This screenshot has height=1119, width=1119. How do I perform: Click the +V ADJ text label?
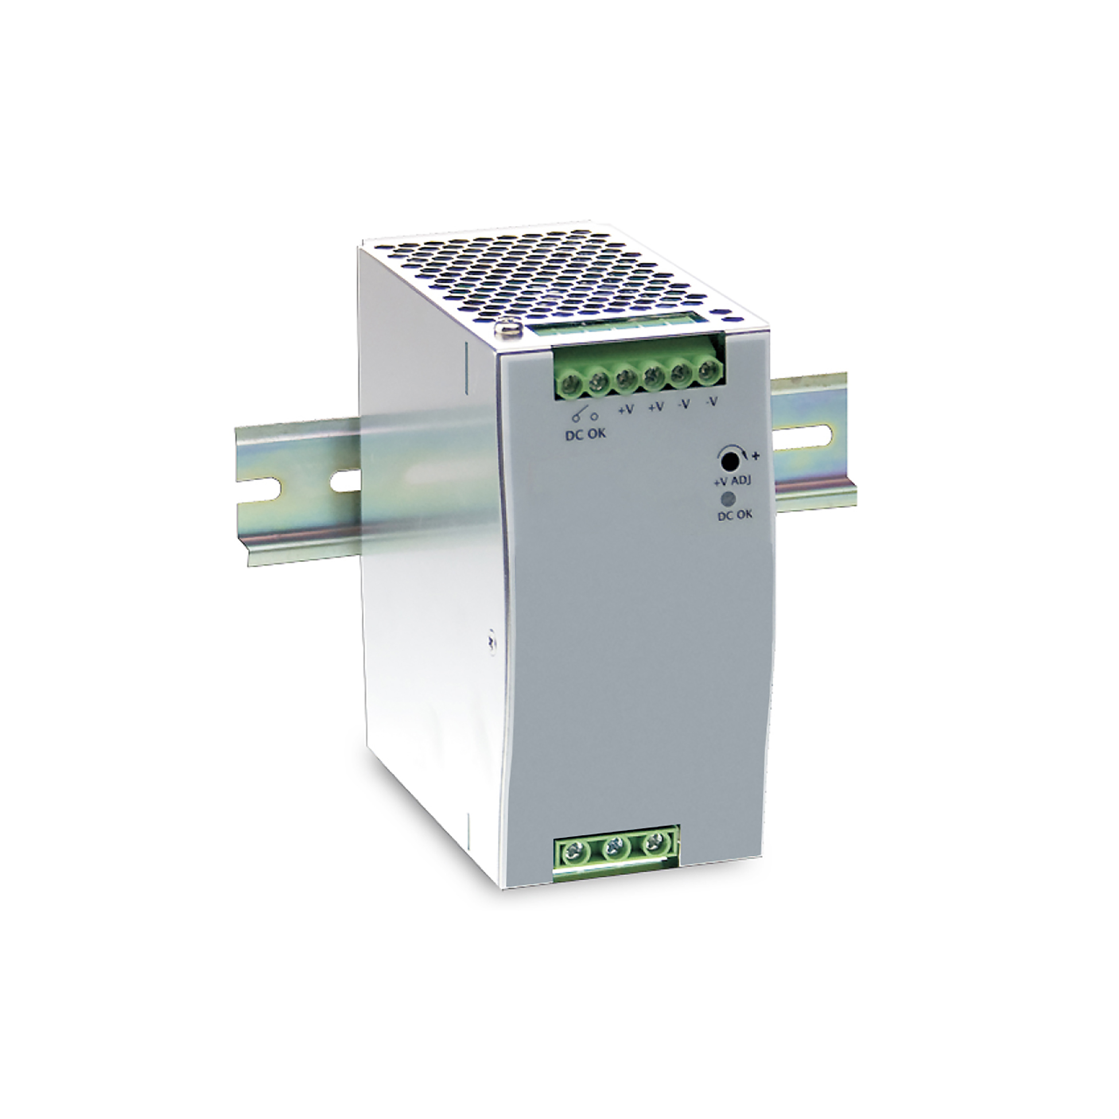click(x=731, y=481)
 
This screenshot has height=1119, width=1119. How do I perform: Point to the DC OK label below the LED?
click(x=735, y=515)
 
